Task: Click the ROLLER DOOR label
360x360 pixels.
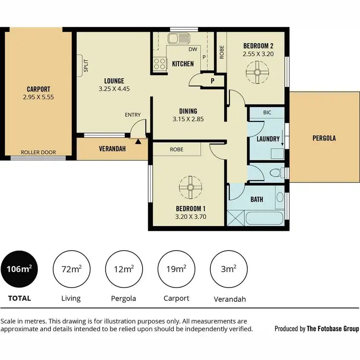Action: [38, 153]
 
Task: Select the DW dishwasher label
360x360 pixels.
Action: [193, 49]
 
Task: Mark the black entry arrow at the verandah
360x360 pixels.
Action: [138, 141]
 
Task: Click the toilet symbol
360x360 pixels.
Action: [275, 172]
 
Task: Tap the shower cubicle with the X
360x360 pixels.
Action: [236, 219]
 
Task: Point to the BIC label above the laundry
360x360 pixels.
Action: [267, 112]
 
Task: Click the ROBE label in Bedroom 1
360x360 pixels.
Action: [176, 149]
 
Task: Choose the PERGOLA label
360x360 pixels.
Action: [324, 138]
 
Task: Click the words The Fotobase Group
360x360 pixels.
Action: [333, 329]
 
